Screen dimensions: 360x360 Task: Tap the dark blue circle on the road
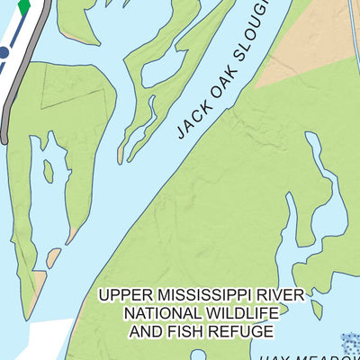pyautogui.click(x=4, y=53)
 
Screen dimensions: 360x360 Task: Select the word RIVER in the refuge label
pyautogui.click(x=281, y=294)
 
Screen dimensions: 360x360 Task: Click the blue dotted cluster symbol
pyautogui.click(x=350, y=343)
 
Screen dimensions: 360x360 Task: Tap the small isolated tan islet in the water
pyautogui.click(x=53, y=258)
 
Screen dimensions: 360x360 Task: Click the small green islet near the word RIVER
pyautogui.click(x=317, y=309)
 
